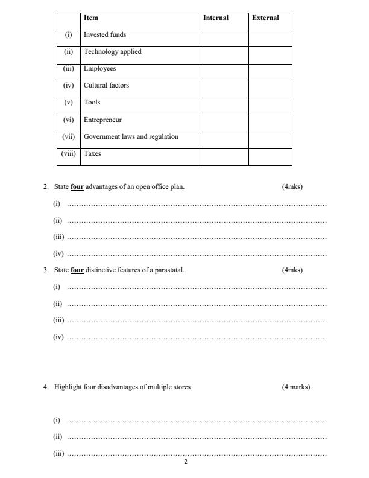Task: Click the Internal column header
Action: pos(216,18)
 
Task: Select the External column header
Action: pos(265,18)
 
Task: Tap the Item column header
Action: pos(91,18)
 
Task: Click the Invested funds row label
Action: pos(105,35)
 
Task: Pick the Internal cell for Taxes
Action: pos(224,157)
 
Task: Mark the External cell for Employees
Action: pos(270,72)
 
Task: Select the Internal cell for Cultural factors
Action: pos(224,89)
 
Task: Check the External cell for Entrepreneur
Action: pos(270,123)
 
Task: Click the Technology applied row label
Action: pos(113,52)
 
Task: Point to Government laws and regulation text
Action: pos(131,137)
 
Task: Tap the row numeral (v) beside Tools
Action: pos(69,103)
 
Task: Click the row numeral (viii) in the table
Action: pos(69,154)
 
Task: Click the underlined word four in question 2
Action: pos(77,187)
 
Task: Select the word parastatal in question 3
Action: pos(169,270)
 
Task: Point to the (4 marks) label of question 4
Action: pos(297,387)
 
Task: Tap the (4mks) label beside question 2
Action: pos(292,187)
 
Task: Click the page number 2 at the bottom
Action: pos(186,462)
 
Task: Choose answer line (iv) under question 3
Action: pos(196,338)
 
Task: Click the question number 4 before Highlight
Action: pos(46,387)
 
